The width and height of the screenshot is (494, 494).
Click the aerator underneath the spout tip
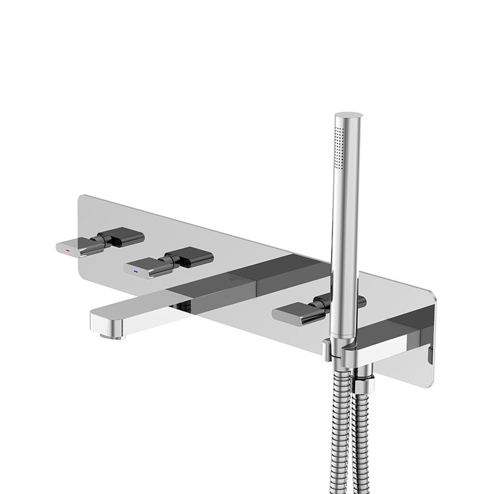tap(111, 336)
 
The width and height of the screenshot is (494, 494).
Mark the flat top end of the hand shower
tap(348, 115)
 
